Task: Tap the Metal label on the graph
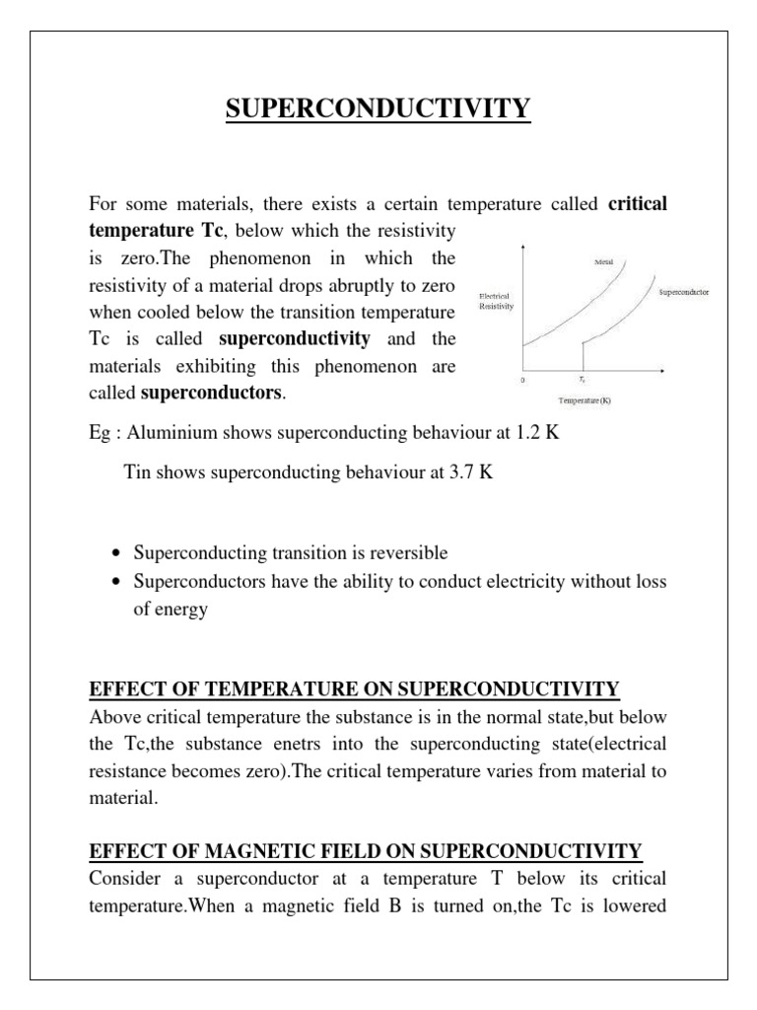[604, 261]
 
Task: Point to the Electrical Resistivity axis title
[496, 301]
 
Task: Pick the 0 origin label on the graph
[523, 380]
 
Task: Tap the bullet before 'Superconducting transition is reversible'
[118, 553]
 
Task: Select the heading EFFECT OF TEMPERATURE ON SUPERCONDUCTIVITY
[354, 687]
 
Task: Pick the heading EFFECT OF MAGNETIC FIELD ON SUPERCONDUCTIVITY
[366, 849]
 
